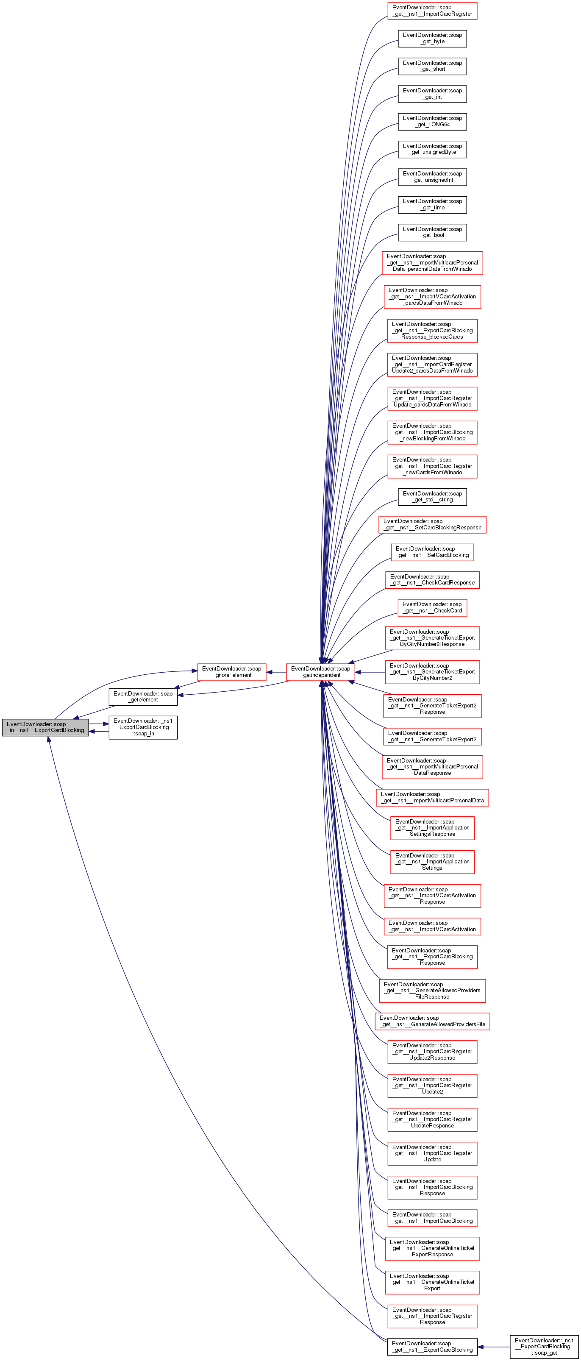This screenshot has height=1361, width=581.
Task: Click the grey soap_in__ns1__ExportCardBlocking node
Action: [45, 727]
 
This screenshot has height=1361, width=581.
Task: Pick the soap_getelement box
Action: [143, 696]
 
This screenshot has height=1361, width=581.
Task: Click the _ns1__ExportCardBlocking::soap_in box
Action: [143, 727]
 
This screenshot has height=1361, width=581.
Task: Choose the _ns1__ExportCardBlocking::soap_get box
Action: [544, 1346]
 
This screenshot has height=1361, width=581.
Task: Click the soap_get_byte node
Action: [432, 38]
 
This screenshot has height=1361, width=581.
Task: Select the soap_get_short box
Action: [432, 66]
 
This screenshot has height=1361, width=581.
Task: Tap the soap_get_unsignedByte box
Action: [432, 149]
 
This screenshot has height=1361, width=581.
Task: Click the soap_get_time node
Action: [432, 204]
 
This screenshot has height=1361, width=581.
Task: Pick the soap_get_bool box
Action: [432, 232]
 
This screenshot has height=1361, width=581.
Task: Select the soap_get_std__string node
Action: [432, 497]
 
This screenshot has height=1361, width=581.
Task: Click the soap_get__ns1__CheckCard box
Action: [432, 607]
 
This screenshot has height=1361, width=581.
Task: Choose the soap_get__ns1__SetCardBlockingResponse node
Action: [432, 524]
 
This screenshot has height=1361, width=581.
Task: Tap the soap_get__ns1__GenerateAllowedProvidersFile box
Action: [432, 1021]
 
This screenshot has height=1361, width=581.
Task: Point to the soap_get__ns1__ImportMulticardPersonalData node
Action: [432, 797]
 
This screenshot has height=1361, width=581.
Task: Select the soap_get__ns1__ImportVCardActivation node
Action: [432, 926]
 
